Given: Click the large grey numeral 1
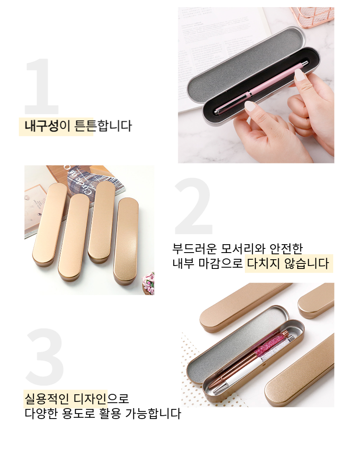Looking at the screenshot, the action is click(42, 86).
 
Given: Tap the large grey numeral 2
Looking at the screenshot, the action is click(193, 206).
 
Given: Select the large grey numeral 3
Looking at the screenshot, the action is click(45, 357).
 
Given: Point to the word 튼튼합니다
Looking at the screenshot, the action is click(103, 126).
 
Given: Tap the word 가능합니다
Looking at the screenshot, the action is click(153, 414).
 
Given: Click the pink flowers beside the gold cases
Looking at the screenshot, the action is click(149, 283).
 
